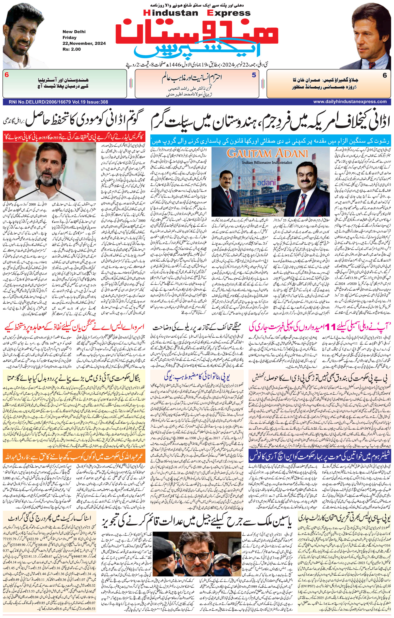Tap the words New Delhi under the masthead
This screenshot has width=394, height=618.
74,32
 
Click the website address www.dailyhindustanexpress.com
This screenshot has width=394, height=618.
350,102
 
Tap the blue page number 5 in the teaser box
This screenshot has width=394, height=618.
253,75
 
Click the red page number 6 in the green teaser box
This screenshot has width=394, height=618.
7,75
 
